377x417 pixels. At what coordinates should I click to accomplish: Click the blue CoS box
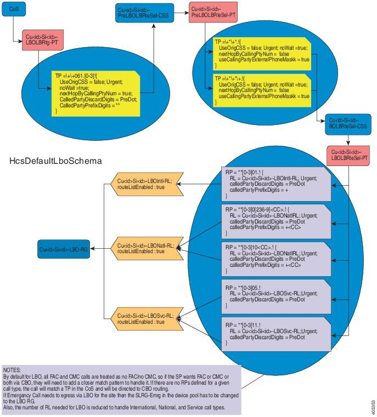(x=15, y=9)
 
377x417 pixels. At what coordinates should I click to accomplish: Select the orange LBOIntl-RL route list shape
(x=147, y=184)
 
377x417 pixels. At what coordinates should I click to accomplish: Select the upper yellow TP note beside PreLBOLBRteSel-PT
(x=262, y=54)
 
